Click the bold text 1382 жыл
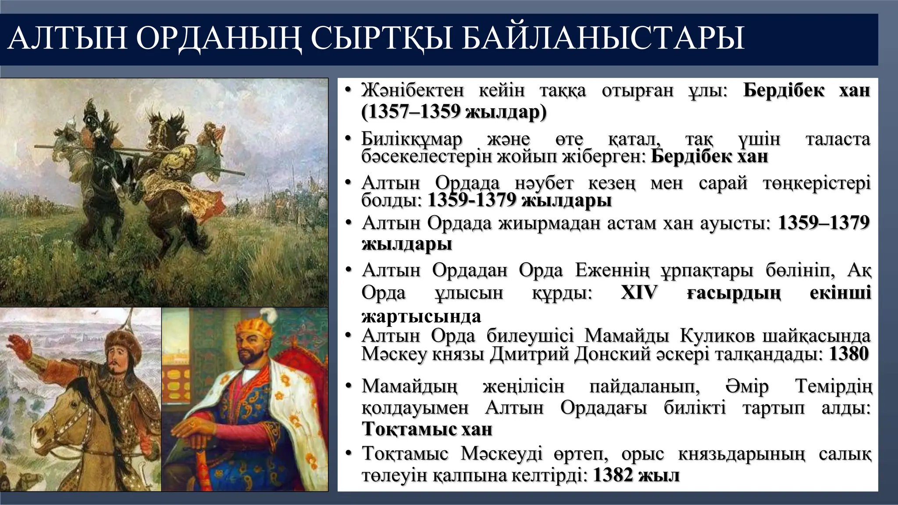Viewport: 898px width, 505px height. [636, 475]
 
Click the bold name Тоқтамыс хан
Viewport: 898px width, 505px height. [427, 429]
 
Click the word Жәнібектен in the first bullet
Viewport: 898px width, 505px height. [413, 91]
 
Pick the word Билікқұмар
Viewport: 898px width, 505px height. [412, 140]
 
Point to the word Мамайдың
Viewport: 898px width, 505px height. [410, 387]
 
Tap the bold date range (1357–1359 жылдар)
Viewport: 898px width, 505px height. [454, 112]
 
